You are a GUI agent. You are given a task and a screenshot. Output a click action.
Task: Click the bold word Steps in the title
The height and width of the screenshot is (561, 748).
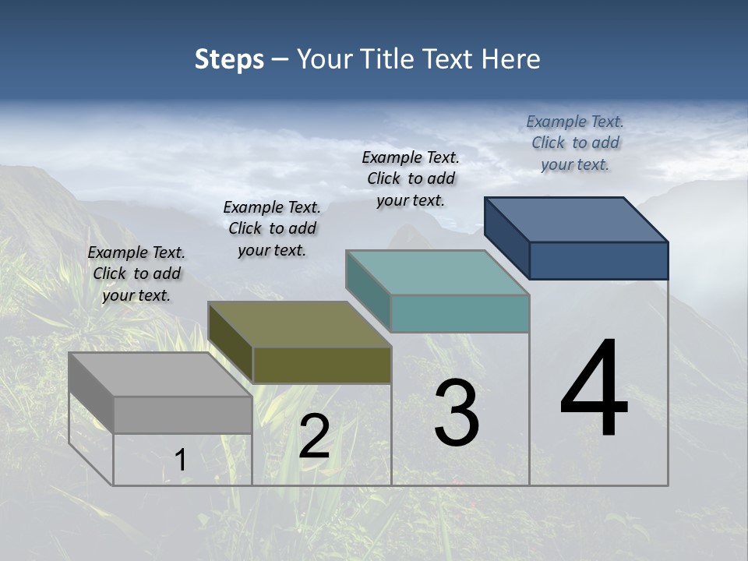[229, 59]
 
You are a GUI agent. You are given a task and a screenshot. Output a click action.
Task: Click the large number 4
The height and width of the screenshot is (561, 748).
[594, 390]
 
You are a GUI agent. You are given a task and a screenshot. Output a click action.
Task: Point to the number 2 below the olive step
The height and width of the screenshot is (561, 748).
[314, 436]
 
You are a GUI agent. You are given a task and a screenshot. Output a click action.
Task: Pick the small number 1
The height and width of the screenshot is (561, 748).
[180, 460]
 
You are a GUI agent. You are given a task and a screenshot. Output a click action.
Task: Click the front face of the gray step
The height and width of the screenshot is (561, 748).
[182, 415]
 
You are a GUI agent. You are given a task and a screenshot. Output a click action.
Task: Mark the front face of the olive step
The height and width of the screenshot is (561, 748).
[322, 365]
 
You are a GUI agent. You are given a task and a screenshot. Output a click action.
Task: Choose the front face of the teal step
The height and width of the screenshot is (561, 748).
[460, 313]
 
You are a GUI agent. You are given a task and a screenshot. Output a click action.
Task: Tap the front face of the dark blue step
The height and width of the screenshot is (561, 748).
[598, 260]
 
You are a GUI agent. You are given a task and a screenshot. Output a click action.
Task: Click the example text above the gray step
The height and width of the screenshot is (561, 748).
[136, 274]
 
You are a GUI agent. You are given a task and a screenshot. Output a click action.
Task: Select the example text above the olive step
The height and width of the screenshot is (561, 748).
[272, 229]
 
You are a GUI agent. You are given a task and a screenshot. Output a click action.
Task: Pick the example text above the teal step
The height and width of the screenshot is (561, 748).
[411, 178]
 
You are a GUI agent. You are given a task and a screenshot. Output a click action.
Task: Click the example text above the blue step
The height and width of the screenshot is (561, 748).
[575, 143]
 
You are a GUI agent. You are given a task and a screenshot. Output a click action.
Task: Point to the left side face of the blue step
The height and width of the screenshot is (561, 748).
[506, 237]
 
